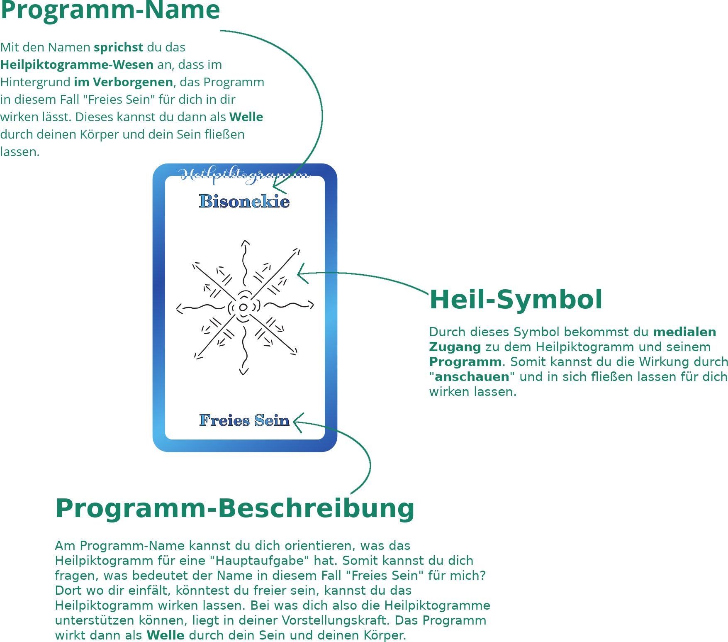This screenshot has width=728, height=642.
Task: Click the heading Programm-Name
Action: pyautogui.click(x=110, y=10)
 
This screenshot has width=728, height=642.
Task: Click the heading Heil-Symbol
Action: pyautogui.click(x=516, y=299)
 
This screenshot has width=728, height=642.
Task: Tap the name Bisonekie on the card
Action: pyautogui.click(x=244, y=201)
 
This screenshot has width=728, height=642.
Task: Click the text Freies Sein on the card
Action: pyautogui.click(x=244, y=420)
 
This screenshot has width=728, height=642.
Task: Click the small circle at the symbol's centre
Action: pyautogui.click(x=243, y=308)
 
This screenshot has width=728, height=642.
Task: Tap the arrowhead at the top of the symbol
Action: pyautogui.click(x=246, y=243)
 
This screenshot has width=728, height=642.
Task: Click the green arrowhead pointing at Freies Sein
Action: pyautogui.click(x=298, y=422)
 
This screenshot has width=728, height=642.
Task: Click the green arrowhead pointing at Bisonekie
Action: pyautogui.click(x=279, y=188)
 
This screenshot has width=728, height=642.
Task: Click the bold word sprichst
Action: pyautogui.click(x=119, y=47)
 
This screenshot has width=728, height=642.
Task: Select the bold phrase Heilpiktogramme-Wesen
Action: pyautogui.click(x=77, y=65)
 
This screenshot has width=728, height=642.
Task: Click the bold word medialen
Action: pyautogui.click(x=684, y=332)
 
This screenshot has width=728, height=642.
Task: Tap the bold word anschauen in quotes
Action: pyautogui.click(x=472, y=377)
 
